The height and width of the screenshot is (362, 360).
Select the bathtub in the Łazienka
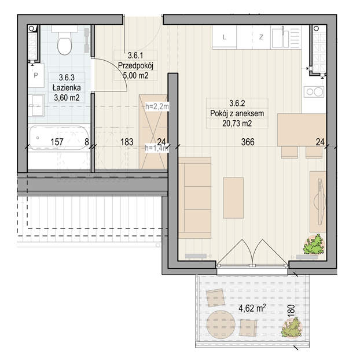(59, 138)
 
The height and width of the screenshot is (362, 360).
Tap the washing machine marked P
(36, 76)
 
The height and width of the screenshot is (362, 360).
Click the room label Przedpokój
(135, 65)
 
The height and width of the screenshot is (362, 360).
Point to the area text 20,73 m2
(237, 124)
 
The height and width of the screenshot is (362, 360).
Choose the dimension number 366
(248, 142)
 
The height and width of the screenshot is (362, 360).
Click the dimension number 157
(57, 142)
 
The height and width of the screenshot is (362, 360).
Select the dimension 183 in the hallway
(127, 142)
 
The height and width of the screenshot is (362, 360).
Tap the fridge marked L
(224, 37)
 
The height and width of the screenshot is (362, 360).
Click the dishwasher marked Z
(261, 37)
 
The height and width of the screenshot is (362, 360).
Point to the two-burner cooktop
(314, 91)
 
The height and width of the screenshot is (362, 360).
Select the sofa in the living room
(195, 198)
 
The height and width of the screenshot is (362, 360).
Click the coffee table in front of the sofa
(233, 198)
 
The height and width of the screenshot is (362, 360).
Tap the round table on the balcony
(221, 324)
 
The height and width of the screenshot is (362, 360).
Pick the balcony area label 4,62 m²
(252, 308)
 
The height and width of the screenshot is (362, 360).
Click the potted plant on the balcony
(292, 327)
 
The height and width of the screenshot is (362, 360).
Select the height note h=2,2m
(157, 106)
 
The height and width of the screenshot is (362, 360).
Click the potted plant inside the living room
(314, 245)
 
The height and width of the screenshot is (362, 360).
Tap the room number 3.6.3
(67, 77)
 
